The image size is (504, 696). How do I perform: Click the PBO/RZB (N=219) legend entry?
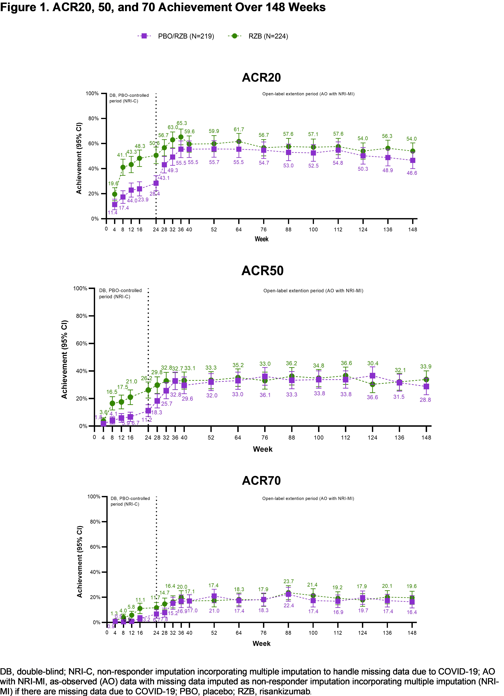176,36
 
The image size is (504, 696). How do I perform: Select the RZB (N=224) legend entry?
258,36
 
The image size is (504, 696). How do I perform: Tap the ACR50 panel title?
262,271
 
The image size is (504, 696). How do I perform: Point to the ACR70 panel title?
261,481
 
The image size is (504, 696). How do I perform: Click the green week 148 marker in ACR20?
412,151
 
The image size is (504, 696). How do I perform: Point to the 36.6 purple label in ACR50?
372,397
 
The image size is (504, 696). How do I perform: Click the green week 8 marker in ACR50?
112,403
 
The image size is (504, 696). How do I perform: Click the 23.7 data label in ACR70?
288,581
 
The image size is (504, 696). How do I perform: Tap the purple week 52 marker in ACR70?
214,596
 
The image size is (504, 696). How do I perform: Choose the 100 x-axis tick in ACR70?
313,633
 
